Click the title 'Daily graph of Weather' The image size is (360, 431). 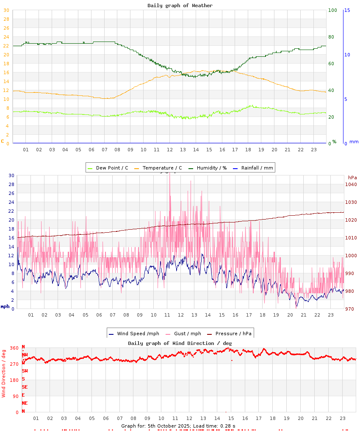(180, 6)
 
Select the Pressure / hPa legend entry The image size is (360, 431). (233, 334)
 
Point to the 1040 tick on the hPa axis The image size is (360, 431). (351, 184)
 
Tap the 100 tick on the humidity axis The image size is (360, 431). (332, 10)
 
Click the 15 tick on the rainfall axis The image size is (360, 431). (347, 10)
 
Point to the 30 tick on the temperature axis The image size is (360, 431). (6, 10)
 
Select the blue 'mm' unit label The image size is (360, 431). (354, 142)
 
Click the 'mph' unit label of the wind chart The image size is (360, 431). (5, 306)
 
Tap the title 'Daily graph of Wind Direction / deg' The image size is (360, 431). (180, 343)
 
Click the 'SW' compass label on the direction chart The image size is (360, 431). (25, 371)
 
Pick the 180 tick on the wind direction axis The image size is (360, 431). (14, 380)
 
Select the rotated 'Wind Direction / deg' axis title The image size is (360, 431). (4, 373)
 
